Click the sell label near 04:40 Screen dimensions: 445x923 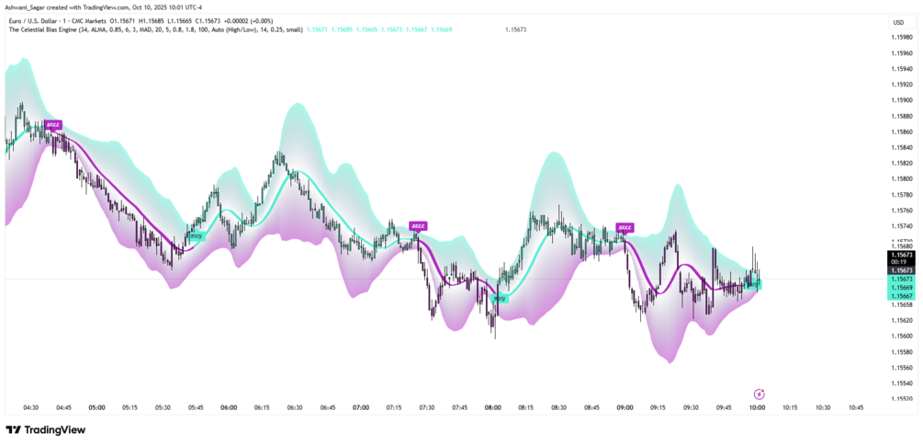(x=53, y=124)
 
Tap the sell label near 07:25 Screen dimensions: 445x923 (x=418, y=225)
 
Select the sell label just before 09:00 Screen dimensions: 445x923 (x=625, y=226)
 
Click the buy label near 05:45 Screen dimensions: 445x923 (x=196, y=236)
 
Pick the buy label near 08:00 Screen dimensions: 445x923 (x=499, y=298)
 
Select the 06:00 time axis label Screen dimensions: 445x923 (x=229, y=407)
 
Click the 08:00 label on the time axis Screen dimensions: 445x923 (x=493, y=407)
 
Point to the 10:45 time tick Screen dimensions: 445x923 (x=856, y=407)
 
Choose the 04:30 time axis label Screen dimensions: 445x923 (x=30, y=407)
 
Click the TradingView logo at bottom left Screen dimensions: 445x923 (x=45, y=429)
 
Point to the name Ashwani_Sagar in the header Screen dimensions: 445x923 (x=28, y=8)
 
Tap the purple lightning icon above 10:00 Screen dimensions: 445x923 (x=759, y=393)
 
